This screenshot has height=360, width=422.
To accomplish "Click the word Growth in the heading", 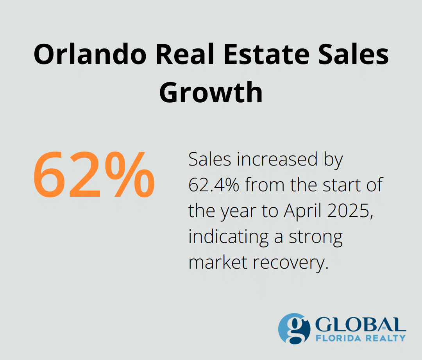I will pos(211,93).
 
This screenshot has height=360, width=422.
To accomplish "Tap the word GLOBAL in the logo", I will pos(359,324).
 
